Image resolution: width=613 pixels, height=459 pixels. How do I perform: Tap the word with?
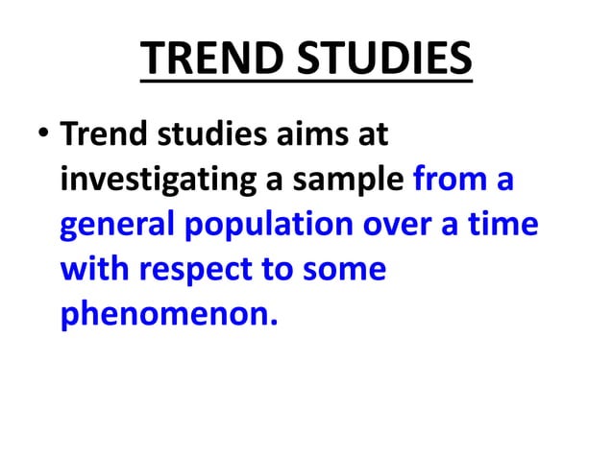tap(94, 270)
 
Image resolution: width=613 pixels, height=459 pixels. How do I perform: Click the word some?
tap(342, 270)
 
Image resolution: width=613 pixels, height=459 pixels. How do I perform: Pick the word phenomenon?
tap(163, 314)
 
